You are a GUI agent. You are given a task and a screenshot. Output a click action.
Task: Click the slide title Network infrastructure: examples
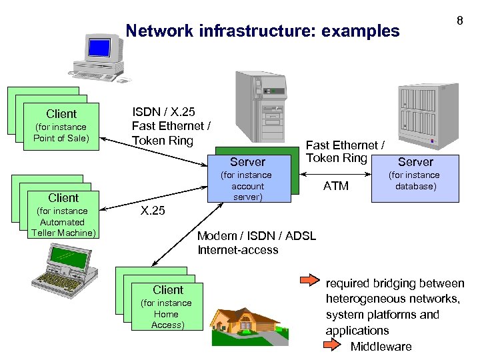coord(263,31)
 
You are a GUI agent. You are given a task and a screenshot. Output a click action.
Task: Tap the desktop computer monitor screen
coord(99,47)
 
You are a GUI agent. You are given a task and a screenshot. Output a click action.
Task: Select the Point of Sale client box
coord(61,126)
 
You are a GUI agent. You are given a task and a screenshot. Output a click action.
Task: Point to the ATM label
coord(335,186)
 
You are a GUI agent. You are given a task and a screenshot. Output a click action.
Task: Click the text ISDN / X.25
coord(163,111)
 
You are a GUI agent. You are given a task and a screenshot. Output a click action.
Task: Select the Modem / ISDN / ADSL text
coord(257,235)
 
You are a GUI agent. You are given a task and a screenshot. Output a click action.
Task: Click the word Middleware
coord(381,346)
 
